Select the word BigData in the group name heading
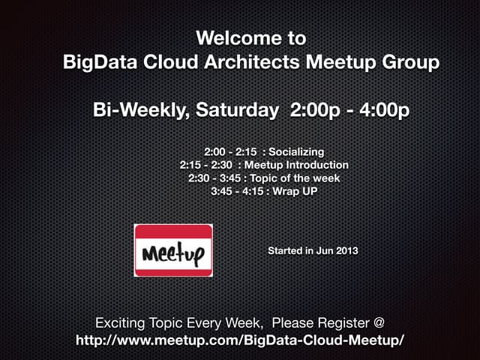[x=97, y=61]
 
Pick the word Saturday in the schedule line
[x=236, y=110]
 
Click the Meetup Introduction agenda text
[x=296, y=165]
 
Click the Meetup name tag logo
[x=172, y=250]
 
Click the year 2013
[x=346, y=250]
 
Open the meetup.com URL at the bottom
[x=240, y=340]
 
